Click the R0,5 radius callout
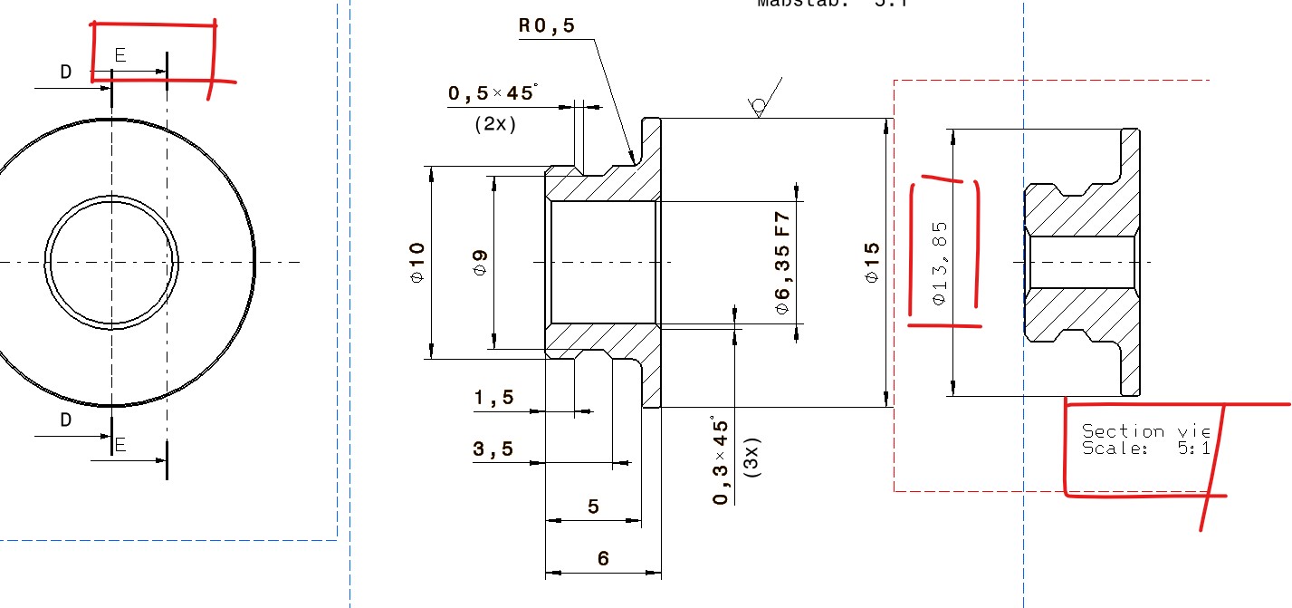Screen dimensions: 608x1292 [x=547, y=26]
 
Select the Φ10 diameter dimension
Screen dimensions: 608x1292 [x=416, y=262]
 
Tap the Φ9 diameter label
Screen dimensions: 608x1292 [x=481, y=262]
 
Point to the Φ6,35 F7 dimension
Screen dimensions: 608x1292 [x=783, y=262]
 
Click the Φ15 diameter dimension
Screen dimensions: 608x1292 [x=872, y=262]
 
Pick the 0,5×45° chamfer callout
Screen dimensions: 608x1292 [x=492, y=93]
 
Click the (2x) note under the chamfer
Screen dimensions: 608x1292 [x=495, y=124]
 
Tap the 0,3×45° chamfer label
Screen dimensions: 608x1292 [x=721, y=462]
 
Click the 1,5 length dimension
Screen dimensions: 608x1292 [x=493, y=397]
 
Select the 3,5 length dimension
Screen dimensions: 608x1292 [x=493, y=449]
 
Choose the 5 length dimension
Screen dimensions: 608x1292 [x=593, y=507]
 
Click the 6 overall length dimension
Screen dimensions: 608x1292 [x=603, y=559]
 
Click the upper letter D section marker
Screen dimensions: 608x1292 [x=65, y=72]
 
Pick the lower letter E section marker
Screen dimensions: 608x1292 [x=120, y=445]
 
